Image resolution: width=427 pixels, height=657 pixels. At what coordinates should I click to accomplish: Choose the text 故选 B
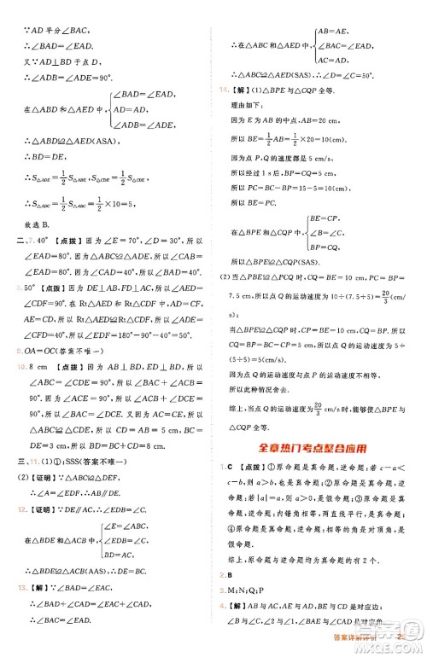40,242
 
